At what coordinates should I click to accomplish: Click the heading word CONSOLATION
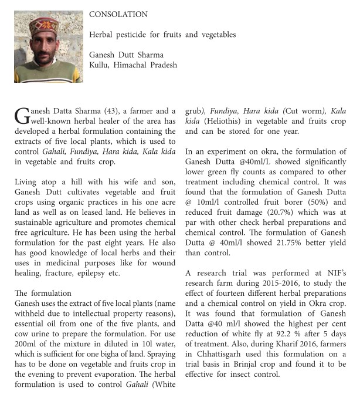(118, 14)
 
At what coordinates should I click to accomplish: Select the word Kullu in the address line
(100, 65)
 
